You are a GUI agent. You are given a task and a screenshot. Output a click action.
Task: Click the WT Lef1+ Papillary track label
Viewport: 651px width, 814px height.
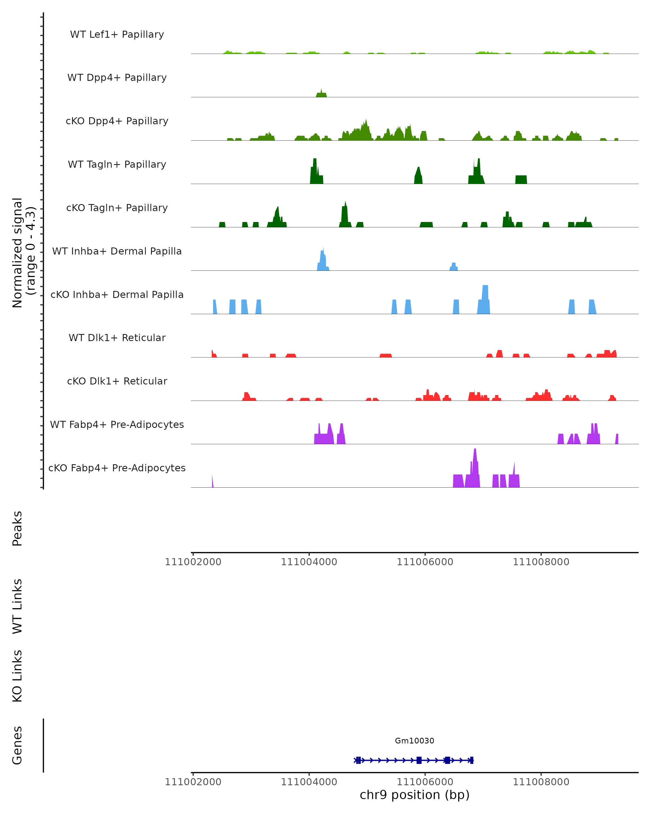(x=117, y=34)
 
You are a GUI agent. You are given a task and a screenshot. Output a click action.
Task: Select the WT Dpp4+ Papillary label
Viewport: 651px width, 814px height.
(x=117, y=78)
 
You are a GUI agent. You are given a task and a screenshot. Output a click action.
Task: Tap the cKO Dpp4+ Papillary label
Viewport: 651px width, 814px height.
(x=117, y=121)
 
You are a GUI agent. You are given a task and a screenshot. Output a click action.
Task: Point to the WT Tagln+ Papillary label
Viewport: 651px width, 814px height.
(x=117, y=165)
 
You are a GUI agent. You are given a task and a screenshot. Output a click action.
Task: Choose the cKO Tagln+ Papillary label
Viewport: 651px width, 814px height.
(x=117, y=208)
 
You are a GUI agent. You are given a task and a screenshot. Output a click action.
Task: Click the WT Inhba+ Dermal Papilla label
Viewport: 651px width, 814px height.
(x=117, y=252)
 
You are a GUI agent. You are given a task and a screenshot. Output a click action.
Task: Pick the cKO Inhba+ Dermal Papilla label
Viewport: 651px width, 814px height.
(x=117, y=295)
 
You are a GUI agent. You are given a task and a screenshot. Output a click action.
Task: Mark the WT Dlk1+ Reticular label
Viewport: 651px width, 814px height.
(x=117, y=338)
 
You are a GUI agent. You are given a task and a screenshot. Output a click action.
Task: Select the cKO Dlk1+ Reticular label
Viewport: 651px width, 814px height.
(x=117, y=381)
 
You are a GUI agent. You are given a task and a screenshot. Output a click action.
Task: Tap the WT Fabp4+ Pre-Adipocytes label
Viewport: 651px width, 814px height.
(x=117, y=425)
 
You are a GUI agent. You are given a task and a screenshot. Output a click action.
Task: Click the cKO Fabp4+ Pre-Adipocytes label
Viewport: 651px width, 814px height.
(x=117, y=468)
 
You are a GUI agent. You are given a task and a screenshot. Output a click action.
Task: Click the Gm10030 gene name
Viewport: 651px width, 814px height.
(x=414, y=741)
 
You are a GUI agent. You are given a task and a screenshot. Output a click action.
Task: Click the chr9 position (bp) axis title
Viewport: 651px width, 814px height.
(x=414, y=795)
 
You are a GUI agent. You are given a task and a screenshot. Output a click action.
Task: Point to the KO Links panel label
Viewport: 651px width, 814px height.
(x=17, y=676)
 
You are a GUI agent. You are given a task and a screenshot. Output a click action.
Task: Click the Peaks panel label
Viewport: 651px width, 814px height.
(x=17, y=529)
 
